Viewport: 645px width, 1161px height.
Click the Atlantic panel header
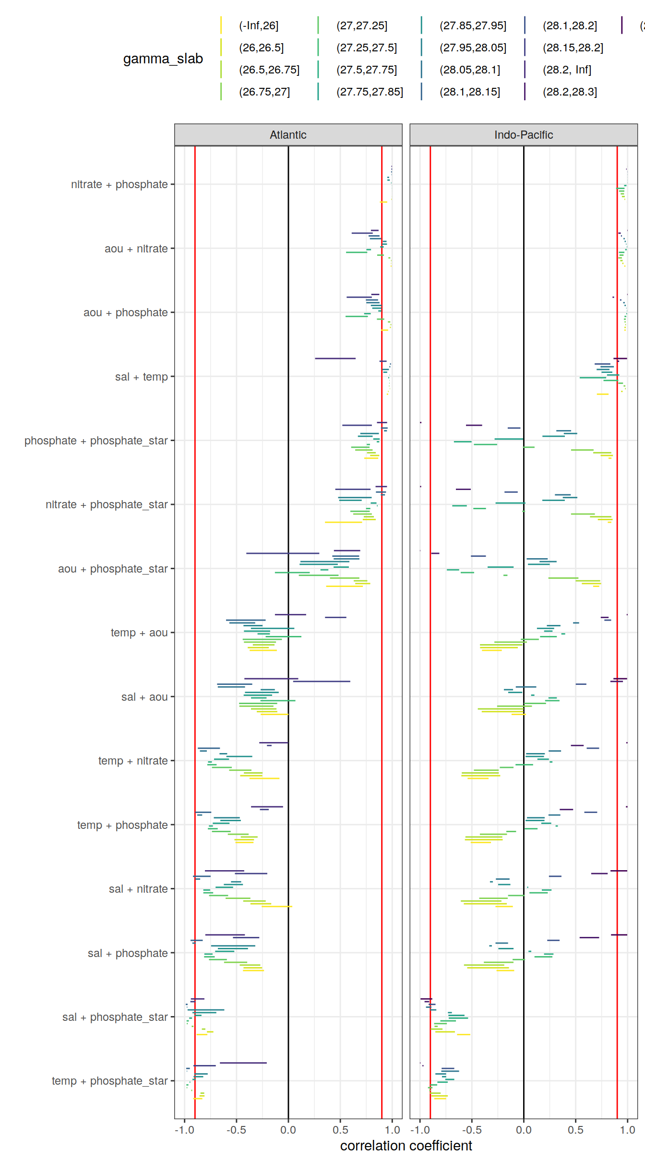tap(288, 135)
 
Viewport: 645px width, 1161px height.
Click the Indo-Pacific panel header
tap(523, 135)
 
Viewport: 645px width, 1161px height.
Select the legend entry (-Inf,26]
tap(259, 25)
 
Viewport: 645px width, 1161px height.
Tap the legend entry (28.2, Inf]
tap(567, 70)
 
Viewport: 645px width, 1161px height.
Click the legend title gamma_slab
tap(163, 59)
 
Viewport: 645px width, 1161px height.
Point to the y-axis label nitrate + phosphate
tap(119, 184)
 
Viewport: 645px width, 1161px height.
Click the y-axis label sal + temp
tap(141, 377)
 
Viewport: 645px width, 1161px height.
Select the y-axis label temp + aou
tap(139, 633)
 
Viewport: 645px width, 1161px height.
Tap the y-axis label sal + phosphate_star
tap(115, 1017)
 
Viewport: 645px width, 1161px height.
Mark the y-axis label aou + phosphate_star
tap(113, 569)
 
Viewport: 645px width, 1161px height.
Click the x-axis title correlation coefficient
tap(406, 1146)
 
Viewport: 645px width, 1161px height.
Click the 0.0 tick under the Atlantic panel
tap(288, 1130)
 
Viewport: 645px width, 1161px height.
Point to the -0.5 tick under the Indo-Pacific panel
tap(472, 1130)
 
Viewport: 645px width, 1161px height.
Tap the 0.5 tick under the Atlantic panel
tap(340, 1130)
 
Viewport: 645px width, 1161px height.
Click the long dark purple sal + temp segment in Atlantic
tap(335, 359)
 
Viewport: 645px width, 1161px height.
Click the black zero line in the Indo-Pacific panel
tap(524, 600)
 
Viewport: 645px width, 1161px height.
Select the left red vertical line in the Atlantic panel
tap(195, 600)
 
